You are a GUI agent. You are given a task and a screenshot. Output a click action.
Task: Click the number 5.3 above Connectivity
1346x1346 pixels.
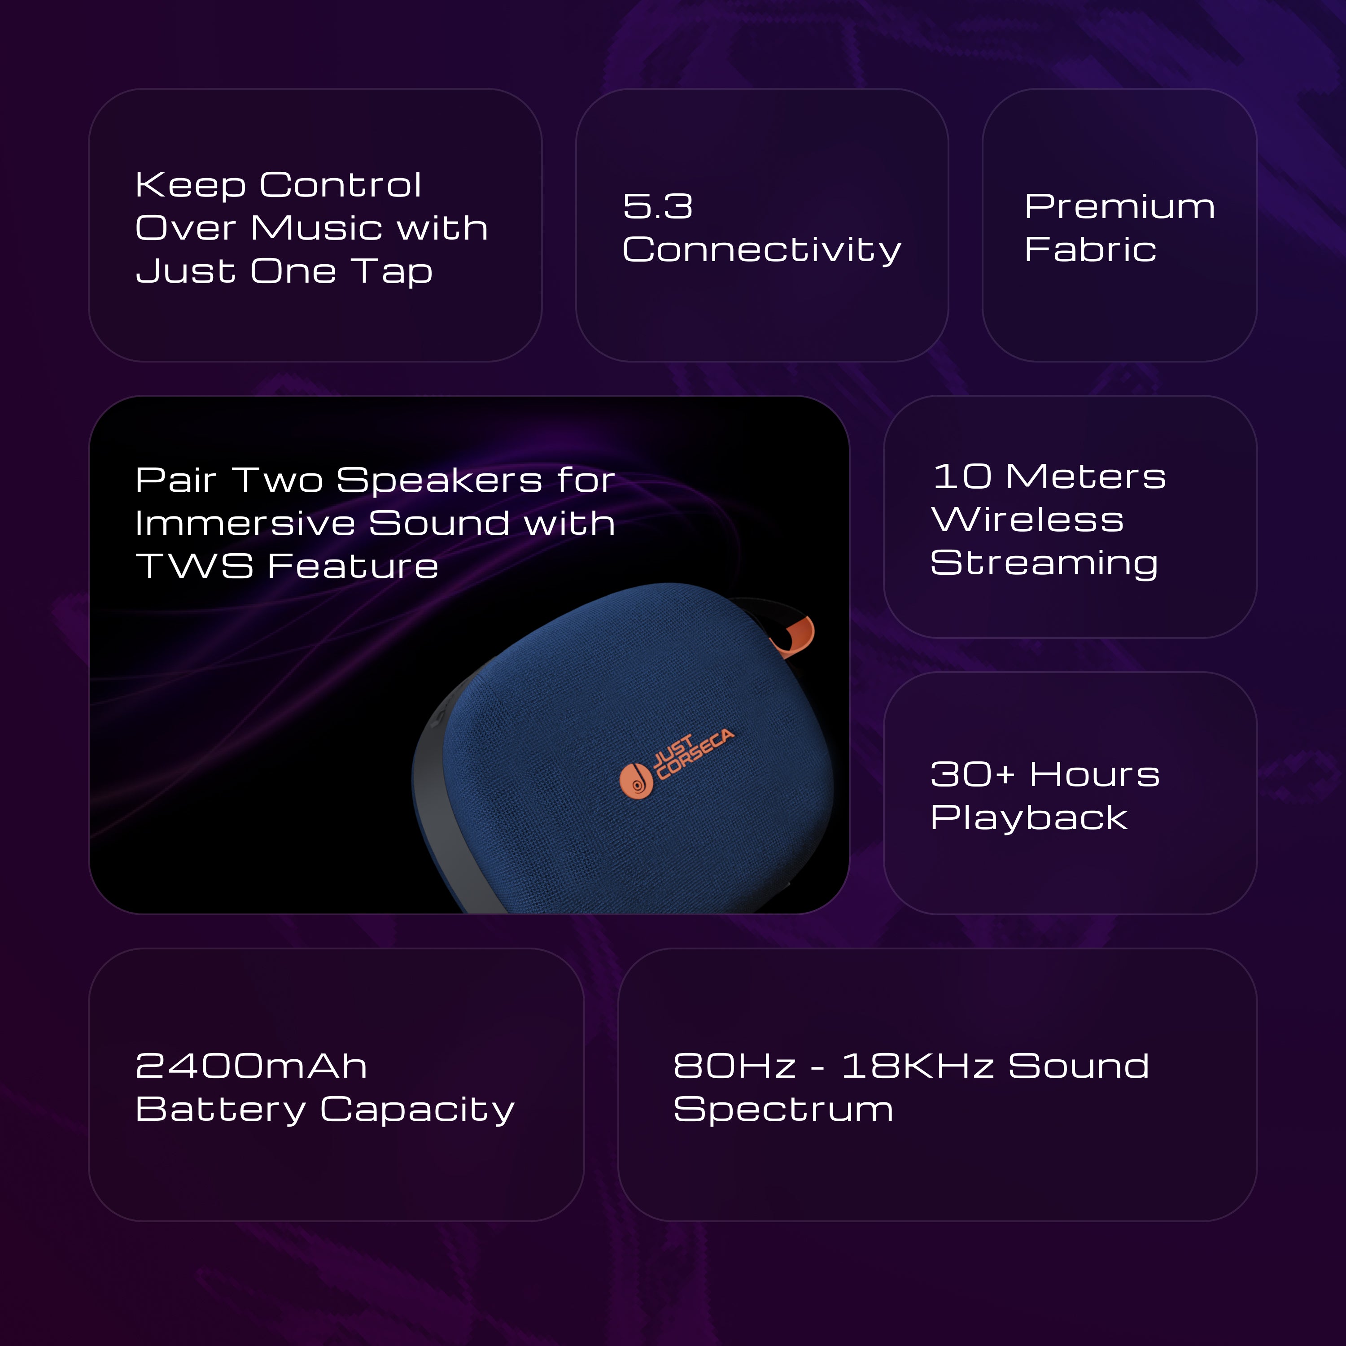pyautogui.click(x=658, y=206)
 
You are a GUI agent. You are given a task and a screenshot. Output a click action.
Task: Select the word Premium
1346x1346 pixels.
pyautogui.click(x=1119, y=206)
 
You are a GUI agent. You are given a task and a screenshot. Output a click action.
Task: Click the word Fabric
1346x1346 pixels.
pyautogui.click(x=1090, y=249)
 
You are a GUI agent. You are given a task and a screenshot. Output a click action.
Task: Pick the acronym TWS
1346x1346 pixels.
pyautogui.click(x=194, y=566)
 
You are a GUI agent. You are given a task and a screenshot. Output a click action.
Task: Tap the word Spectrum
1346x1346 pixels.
pyautogui.click(x=782, y=1110)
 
